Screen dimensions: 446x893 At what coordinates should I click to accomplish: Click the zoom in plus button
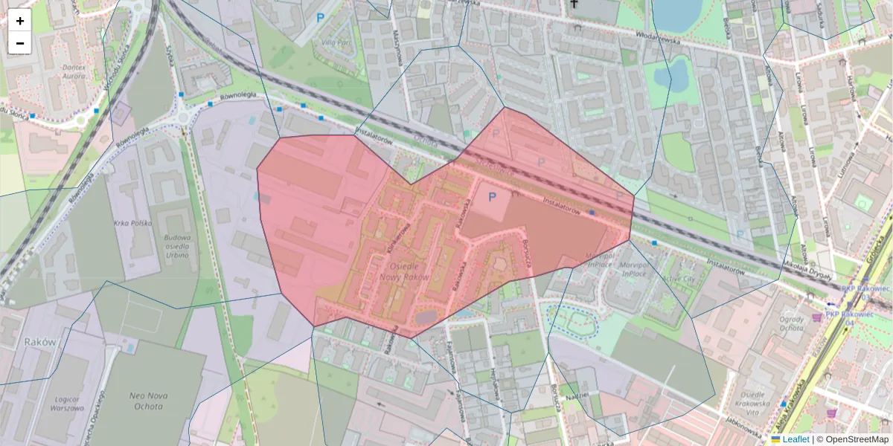(20, 21)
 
